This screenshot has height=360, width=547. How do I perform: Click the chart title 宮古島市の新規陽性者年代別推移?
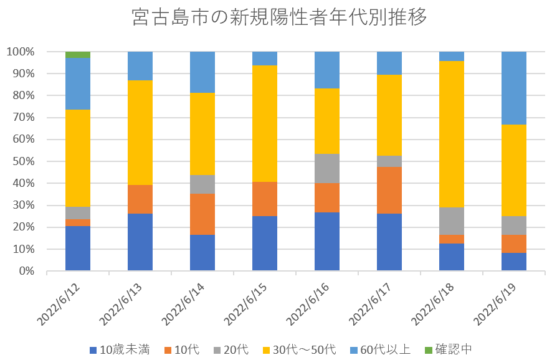click(280, 18)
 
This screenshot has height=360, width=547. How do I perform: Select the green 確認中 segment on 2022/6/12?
click(78, 55)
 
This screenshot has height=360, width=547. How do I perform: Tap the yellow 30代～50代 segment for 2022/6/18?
click(452, 134)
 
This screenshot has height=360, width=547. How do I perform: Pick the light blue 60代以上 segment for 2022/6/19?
click(514, 88)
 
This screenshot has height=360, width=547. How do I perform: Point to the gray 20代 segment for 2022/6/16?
click(327, 168)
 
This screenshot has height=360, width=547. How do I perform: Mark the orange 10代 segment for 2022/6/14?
click(202, 214)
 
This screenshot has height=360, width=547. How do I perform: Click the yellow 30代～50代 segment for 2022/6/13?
click(140, 133)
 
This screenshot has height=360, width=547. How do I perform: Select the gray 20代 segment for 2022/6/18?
click(452, 221)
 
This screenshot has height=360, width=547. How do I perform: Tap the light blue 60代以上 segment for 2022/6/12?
click(78, 83)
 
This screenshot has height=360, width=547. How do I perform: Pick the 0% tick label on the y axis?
click(26, 271)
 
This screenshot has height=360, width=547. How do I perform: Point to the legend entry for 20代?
click(231, 349)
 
